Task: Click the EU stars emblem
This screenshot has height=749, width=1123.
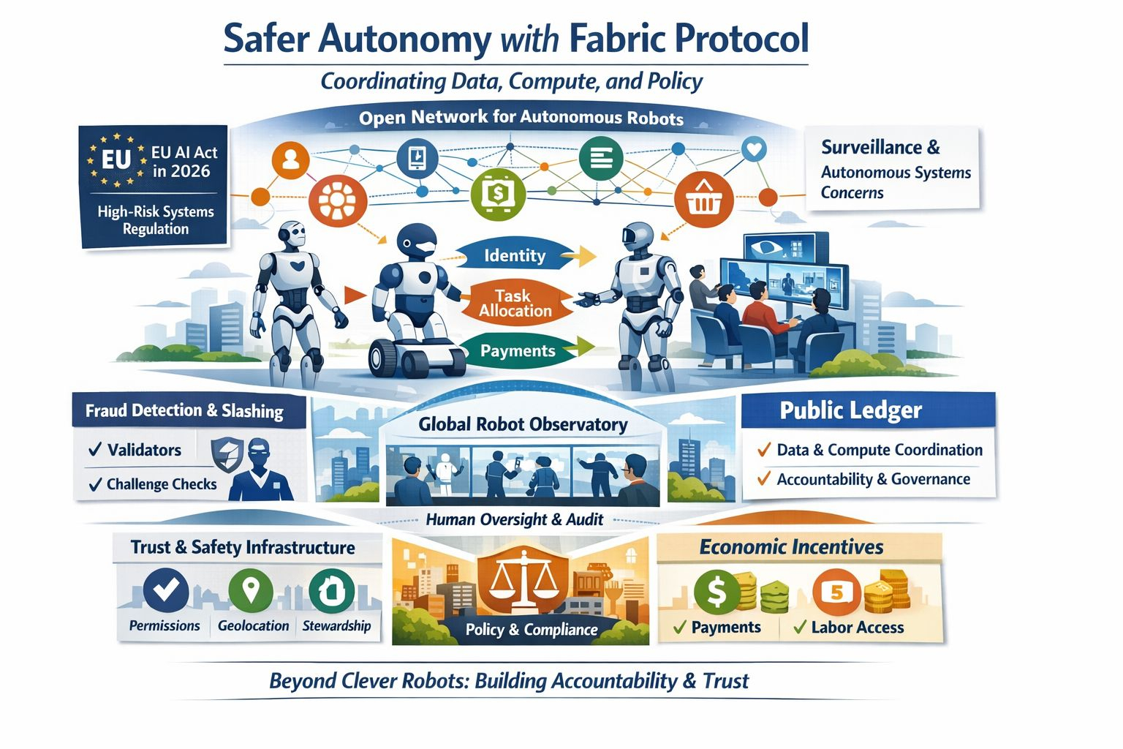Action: click(x=116, y=159)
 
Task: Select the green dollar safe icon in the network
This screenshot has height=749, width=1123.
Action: click(x=498, y=195)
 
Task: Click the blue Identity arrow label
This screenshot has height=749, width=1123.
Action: click(x=515, y=255)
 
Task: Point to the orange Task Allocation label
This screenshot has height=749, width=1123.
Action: click(x=515, y=303)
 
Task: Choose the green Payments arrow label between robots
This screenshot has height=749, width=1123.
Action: click(x=518, y=351)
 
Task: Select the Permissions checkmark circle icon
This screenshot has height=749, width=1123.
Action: click(x=166, y=590)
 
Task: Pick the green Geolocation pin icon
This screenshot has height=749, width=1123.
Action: click(x=251, y=590)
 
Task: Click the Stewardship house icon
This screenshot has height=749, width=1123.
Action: click(x=332, y=590)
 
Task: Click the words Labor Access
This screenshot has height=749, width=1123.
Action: click(x=857, y=628)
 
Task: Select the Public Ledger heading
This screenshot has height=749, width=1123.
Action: click(x=850, y=410)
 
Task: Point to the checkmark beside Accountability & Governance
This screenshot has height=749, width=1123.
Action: click(x=764, y=479)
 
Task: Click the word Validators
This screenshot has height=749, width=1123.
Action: click(x=144, y=450)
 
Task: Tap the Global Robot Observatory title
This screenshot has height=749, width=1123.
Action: click(x=523, y=424)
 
